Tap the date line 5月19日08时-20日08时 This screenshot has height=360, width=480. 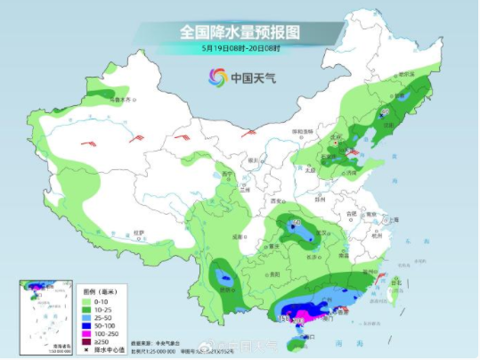(x=240, y=50)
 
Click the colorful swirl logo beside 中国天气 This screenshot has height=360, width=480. (x=216, y=78)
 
